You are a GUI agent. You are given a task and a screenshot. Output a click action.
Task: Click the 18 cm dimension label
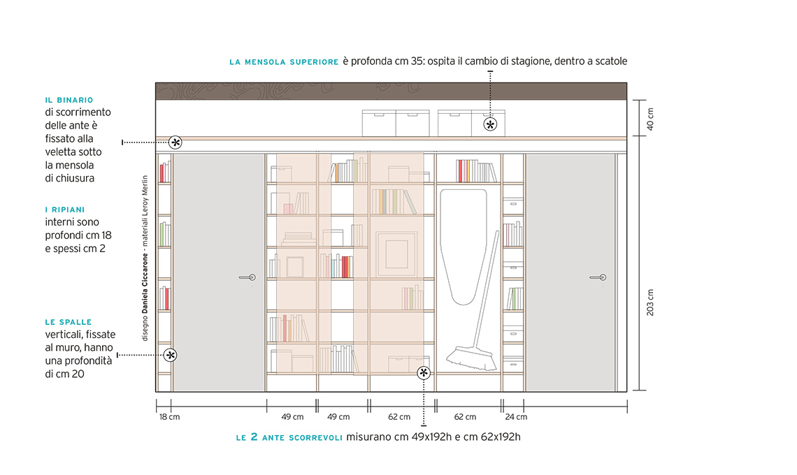tap(169, 417)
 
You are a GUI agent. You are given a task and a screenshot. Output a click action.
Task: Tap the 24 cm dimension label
tap(516, 417)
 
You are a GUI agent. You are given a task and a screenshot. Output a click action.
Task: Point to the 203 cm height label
tap(650, 302)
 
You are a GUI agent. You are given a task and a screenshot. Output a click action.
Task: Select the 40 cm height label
tap(650, 119)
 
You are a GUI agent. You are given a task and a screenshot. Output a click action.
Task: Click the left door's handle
tap(247, 277)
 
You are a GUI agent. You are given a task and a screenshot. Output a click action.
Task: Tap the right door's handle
tap(598, 277)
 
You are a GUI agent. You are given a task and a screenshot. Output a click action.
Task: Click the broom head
tap(471, 359)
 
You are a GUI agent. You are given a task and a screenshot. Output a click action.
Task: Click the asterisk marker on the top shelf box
tap(490, 124)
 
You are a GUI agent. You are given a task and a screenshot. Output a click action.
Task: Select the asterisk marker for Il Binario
tap(175, 142)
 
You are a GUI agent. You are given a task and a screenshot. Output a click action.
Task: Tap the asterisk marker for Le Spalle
tap(171, 355)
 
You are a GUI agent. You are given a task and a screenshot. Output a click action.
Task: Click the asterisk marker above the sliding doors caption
tap(424, 373)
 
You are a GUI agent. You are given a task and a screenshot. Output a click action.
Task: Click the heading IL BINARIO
tap(69, 100)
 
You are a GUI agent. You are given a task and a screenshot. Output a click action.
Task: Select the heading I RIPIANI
tap(65, 210)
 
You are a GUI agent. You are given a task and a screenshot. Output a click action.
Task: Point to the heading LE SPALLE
tap(68, 322)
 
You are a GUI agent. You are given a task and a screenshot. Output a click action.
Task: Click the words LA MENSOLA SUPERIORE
tap(284, 62)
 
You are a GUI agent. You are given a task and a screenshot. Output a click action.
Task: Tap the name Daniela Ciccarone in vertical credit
tap(145, 284)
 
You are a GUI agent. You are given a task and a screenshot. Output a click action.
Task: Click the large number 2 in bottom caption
tap(254, 437)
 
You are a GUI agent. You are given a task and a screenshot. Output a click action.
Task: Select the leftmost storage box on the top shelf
tap(379, 123)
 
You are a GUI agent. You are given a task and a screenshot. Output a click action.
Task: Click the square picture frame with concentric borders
tap(396, 254)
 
